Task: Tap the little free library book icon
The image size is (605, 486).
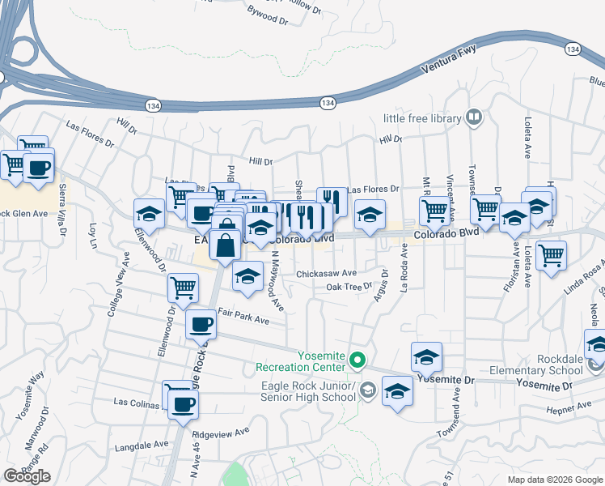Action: click(x=474, y=118)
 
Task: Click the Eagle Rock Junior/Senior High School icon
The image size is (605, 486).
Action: click(x=368, y=390)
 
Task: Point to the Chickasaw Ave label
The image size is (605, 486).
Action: click(x=326, y=274)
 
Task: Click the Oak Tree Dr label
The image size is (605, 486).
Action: click(x=349, y=287)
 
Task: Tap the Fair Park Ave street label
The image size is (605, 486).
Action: click(x=243, y=318)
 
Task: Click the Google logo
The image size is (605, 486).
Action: click(x=27, y=476)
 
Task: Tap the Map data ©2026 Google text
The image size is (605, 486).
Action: click(x=554, y=480)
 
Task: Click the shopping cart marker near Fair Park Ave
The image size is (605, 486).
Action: click(x=184, y=287)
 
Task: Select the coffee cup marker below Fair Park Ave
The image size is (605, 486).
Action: click(x=201, y=325)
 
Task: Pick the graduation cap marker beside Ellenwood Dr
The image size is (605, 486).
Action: click(x=149, y=213)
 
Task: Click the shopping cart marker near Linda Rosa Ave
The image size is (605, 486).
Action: click(x=551, y=255)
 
